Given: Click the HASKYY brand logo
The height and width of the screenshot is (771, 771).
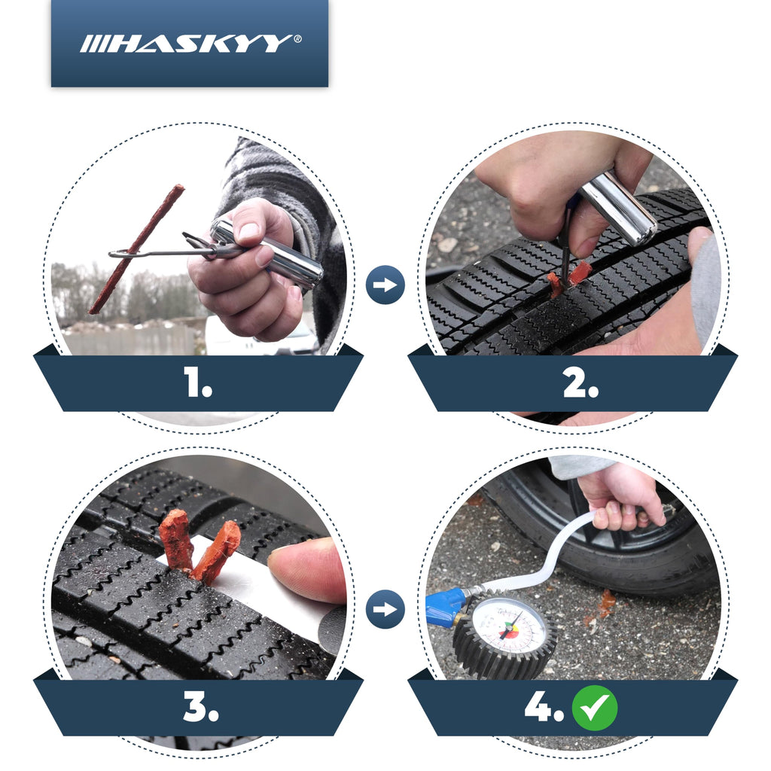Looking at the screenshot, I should click(190, 44).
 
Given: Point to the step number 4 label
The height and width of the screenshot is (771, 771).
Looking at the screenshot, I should click(543, 709).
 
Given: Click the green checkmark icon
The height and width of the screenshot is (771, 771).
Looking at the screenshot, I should click(594, 709).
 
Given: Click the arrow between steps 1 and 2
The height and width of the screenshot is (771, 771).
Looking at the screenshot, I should click(385, 285).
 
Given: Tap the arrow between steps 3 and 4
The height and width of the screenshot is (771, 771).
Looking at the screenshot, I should click(385, 609).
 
